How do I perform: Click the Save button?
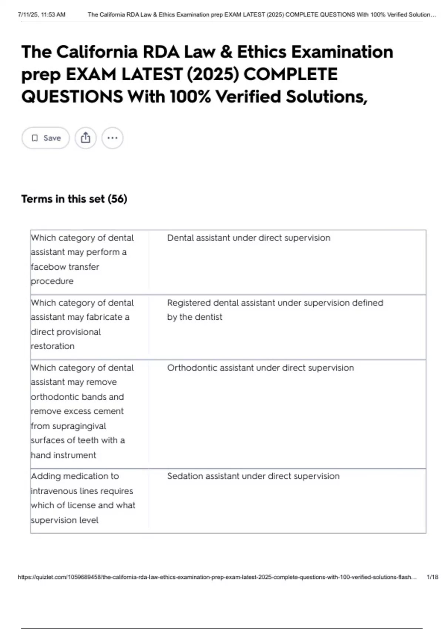point(46,138)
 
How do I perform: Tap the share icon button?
point(85,138)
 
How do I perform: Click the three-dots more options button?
point(112,138)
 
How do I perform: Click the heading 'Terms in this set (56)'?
point(74,199)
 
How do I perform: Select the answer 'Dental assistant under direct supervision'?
point(249,238)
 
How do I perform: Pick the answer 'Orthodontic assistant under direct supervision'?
point(260,368)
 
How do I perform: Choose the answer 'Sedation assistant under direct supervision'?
point(253,476)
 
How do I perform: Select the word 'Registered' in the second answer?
point(189,303)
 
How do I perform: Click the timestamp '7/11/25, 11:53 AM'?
point(41,15)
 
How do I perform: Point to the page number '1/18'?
point(432,577)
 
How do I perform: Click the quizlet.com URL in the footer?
point(217,577)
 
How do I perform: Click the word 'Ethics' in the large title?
point(262,52)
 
